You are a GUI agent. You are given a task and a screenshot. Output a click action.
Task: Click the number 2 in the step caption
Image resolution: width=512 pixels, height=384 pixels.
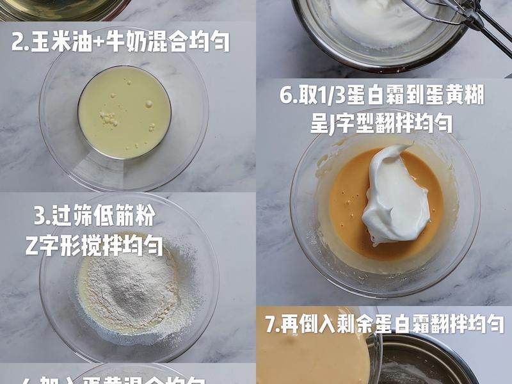(x=18, y=42)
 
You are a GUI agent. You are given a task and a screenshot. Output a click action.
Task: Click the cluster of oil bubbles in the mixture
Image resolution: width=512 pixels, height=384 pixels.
(x=109, y=118)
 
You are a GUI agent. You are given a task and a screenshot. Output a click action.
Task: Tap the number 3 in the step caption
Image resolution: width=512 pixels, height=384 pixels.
(x=40, y=217)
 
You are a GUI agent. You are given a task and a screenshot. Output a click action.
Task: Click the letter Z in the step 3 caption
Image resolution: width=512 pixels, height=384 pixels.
(x=33, y=246)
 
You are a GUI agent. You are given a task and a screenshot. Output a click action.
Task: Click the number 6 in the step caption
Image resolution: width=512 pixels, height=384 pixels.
(x=286, y=96)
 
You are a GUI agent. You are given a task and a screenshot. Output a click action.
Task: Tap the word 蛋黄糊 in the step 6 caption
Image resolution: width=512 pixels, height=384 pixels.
(x=456, y=96)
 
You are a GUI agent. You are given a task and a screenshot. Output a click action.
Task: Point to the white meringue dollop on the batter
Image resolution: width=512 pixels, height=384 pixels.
(x=394, y=195)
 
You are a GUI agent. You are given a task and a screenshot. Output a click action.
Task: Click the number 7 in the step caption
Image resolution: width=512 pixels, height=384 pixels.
(x=272, y=324)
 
